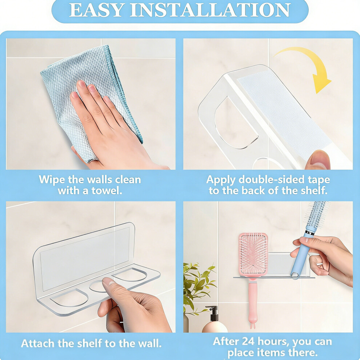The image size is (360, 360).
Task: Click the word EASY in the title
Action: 95,10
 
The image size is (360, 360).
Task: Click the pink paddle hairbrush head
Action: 253,255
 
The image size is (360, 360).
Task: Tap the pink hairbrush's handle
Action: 253,303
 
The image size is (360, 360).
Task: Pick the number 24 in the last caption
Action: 248,341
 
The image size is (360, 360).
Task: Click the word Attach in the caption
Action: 38,344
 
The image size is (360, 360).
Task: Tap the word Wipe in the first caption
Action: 52,180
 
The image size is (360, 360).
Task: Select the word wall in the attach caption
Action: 149,344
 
